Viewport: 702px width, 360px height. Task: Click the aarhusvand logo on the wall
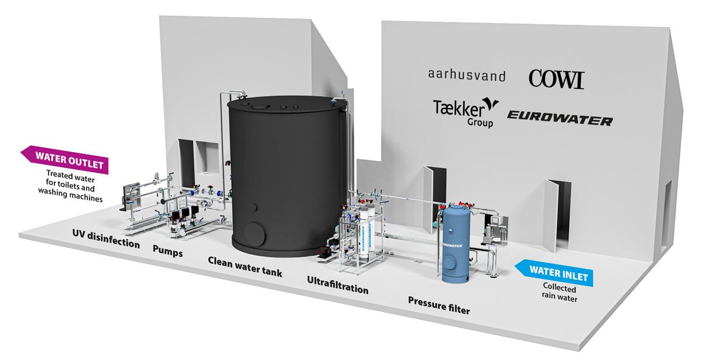(x=466, y=76)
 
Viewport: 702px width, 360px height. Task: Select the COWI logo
(x=556, y=78)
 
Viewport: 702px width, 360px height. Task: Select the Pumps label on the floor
(x=167, y=253)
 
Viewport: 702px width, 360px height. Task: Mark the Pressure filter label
(x=439, y=305)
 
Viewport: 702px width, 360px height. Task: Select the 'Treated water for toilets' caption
(x=74, y=186)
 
